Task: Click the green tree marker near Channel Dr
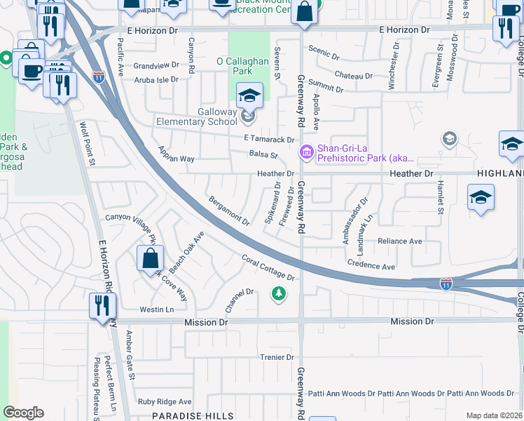(279, 293)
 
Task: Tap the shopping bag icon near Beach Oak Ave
(151, 259)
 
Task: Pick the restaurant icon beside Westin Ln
(102, 306)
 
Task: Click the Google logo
(23, 413)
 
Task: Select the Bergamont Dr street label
(229, 210)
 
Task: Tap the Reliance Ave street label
(399, 241)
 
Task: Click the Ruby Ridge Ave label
(165, 402)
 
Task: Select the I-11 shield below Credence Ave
(446, 283)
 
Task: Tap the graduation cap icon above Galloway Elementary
(249, 95)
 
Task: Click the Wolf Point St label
(87, 145)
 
